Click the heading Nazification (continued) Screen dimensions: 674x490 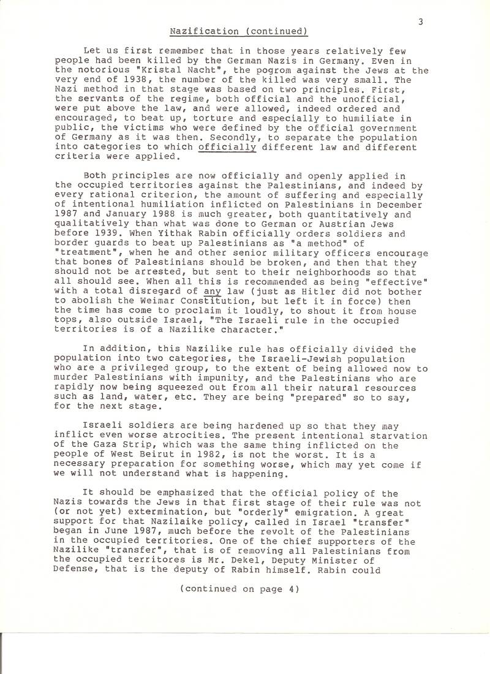tap(238, 31)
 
